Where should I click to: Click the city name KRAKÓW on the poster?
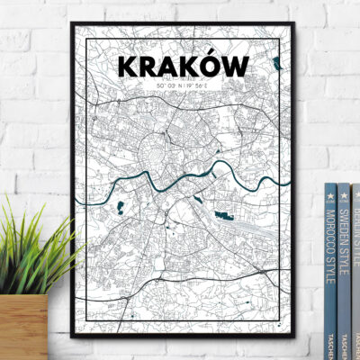tap(183, 66)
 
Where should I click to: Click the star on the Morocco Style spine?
tap(329, 194)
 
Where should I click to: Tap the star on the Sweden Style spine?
tap(344, 194)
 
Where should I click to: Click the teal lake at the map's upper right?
tap(276, 63)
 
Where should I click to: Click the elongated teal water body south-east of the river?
tap(223, 215)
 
